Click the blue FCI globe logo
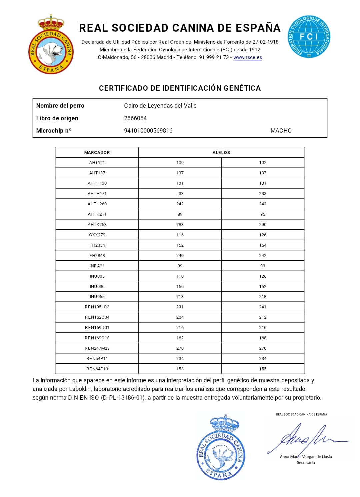pos(309,37)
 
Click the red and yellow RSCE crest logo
pos(51,45)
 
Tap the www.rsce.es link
pos(248,57)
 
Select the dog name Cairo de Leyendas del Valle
pos(160,106)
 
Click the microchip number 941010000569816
pos(148,131)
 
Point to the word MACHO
pos(281,131)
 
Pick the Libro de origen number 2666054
pos(135,118)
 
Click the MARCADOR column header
pos(97,152)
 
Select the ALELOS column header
pos(221,152)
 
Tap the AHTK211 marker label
pos(97,214)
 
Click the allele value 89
pos(180,214)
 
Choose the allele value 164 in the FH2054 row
pos(263,245)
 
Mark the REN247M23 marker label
pos(97,348)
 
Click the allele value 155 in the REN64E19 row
pos(263,369)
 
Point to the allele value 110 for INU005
pos(180,276)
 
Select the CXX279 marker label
pos(97,235)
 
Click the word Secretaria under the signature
pos(306,463)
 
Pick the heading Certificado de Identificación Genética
pos(180,88)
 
